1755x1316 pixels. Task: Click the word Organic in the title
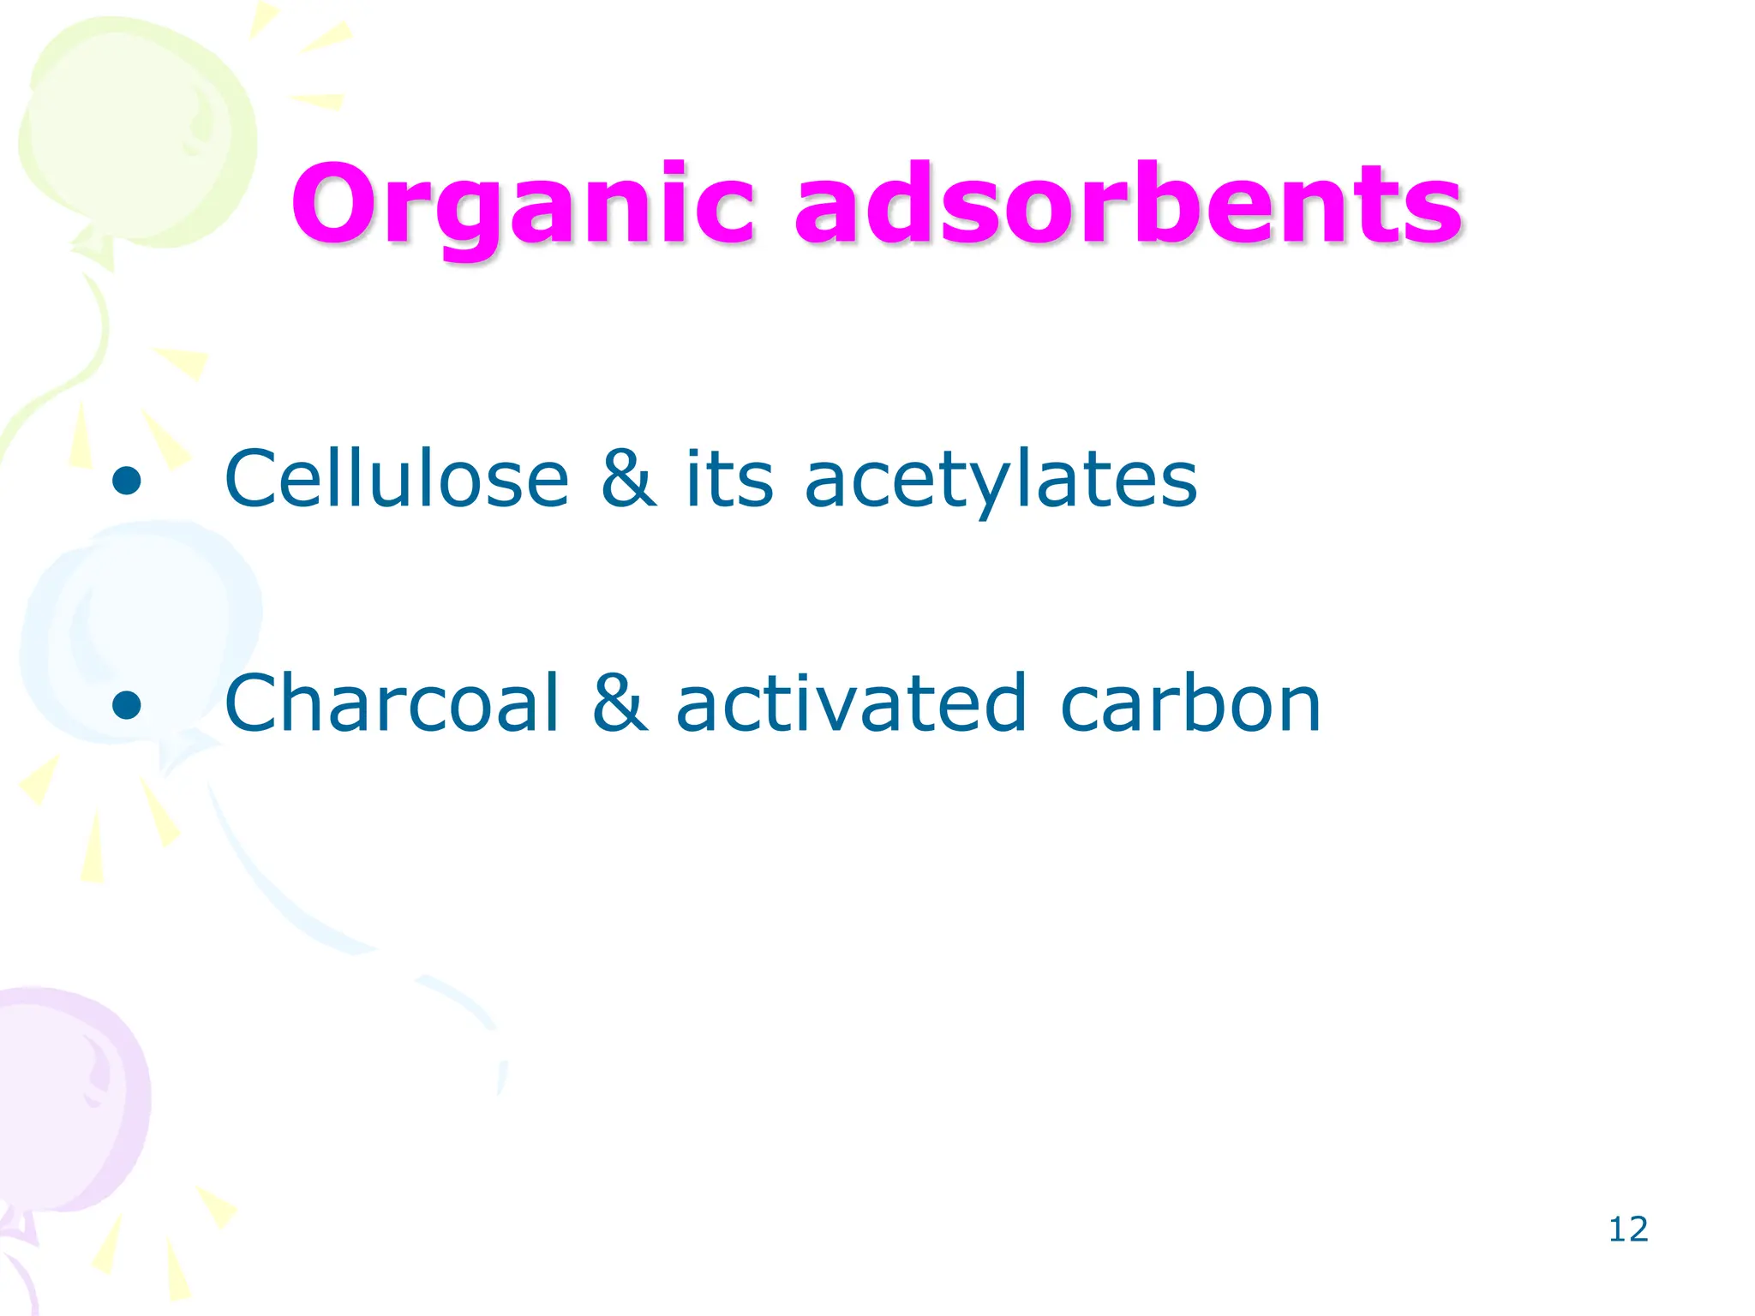click(523, 206)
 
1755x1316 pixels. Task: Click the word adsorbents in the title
click(1129, 206)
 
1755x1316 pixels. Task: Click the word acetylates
click(1000, 480)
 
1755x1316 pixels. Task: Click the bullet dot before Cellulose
click(126, 481)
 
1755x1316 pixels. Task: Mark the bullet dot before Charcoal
click(126, 705)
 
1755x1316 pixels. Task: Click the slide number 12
click(1627, 1229)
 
